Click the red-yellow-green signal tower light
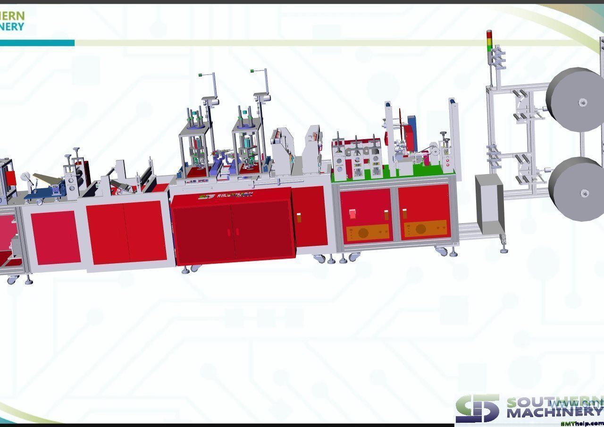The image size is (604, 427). coord(489,41)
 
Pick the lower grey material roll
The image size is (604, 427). coord(579,188)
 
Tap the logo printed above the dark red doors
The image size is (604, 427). coord(226,196)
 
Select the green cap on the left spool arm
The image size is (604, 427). coord(201,75)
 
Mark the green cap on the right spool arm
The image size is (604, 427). coord(252,71)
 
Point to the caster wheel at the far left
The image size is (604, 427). coord(11,279)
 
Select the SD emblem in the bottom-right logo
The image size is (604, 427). coord(477,409)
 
